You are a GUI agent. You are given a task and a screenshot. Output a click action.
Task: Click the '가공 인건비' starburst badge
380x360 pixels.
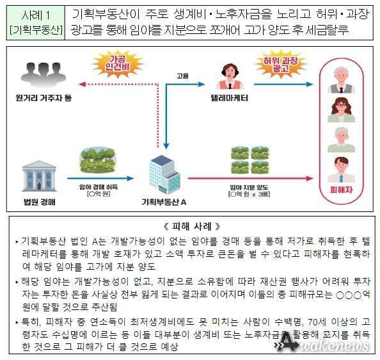tap(117, 63)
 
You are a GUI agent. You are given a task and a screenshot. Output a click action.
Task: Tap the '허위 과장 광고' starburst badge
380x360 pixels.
tap(280, 63)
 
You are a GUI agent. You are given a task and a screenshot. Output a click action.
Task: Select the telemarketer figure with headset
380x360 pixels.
tap(230, 77)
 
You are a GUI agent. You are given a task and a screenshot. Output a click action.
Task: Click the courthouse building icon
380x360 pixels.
tap(39, 176)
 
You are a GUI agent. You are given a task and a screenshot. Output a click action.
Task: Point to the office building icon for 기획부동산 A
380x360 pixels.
tap(164, 174)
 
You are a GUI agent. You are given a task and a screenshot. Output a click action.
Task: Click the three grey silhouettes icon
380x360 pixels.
tap(44, 74)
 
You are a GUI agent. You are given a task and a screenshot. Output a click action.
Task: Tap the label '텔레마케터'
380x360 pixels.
tap(230, 98)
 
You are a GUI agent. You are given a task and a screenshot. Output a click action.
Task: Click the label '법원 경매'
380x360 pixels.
tap(40, 202)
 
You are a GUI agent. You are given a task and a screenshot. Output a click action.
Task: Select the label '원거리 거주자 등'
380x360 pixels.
tap(44, 98)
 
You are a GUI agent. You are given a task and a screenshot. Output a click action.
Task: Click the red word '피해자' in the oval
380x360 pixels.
tap(341, 190)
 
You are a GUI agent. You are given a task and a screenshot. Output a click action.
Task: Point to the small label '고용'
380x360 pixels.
tap(182, 76)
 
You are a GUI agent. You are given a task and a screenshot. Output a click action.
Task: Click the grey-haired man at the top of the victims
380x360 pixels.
tap(341, 80)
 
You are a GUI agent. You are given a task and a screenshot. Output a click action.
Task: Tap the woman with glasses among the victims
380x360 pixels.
tap(341, 110)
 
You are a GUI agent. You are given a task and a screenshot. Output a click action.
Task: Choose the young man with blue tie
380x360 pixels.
tap(341, 170)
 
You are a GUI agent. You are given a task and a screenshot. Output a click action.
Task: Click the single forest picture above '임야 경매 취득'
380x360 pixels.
tap(98, 160)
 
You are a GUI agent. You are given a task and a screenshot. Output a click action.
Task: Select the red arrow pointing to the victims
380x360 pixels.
tap(251, 179)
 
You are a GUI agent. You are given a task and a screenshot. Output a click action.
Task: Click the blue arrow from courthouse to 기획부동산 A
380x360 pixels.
tap(100, 179)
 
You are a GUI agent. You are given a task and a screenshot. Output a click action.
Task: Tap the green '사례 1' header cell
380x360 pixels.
tap(36, 22)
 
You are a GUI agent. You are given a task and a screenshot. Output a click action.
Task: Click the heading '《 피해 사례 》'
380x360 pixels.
tap(191, 226)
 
